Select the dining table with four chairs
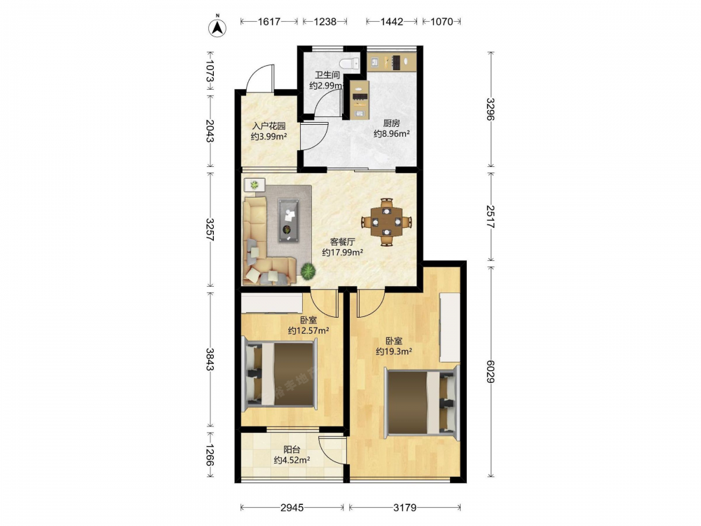387,222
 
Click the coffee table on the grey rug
290,220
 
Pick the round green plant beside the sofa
308,271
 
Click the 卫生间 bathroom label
327,75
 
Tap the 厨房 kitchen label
392,123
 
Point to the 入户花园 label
268,126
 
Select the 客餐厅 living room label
343,242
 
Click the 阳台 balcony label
292,450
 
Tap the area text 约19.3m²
394,351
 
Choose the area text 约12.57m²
308,331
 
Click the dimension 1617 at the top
269,22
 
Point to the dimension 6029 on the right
491,372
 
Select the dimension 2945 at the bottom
292,507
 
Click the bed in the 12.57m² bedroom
280,375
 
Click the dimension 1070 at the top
442,22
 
